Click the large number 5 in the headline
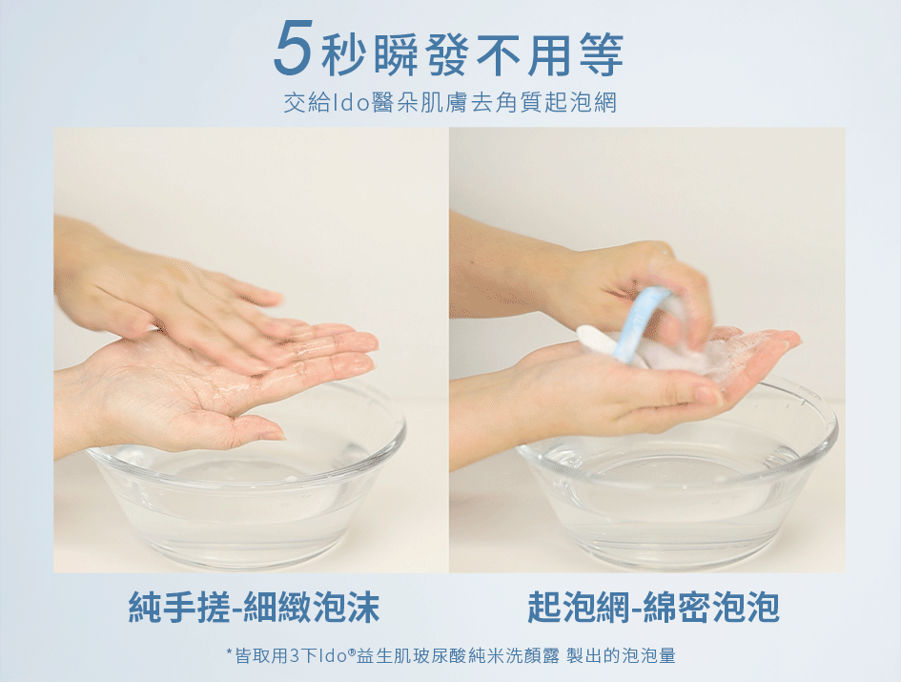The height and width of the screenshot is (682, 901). tap(293, 48)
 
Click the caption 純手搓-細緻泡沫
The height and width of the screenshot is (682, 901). tap(254, 606)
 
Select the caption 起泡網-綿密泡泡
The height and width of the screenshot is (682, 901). tap(654, 606)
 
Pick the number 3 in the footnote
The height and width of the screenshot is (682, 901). tap(295, 655)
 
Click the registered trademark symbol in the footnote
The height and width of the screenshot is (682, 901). tap(351, 651)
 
